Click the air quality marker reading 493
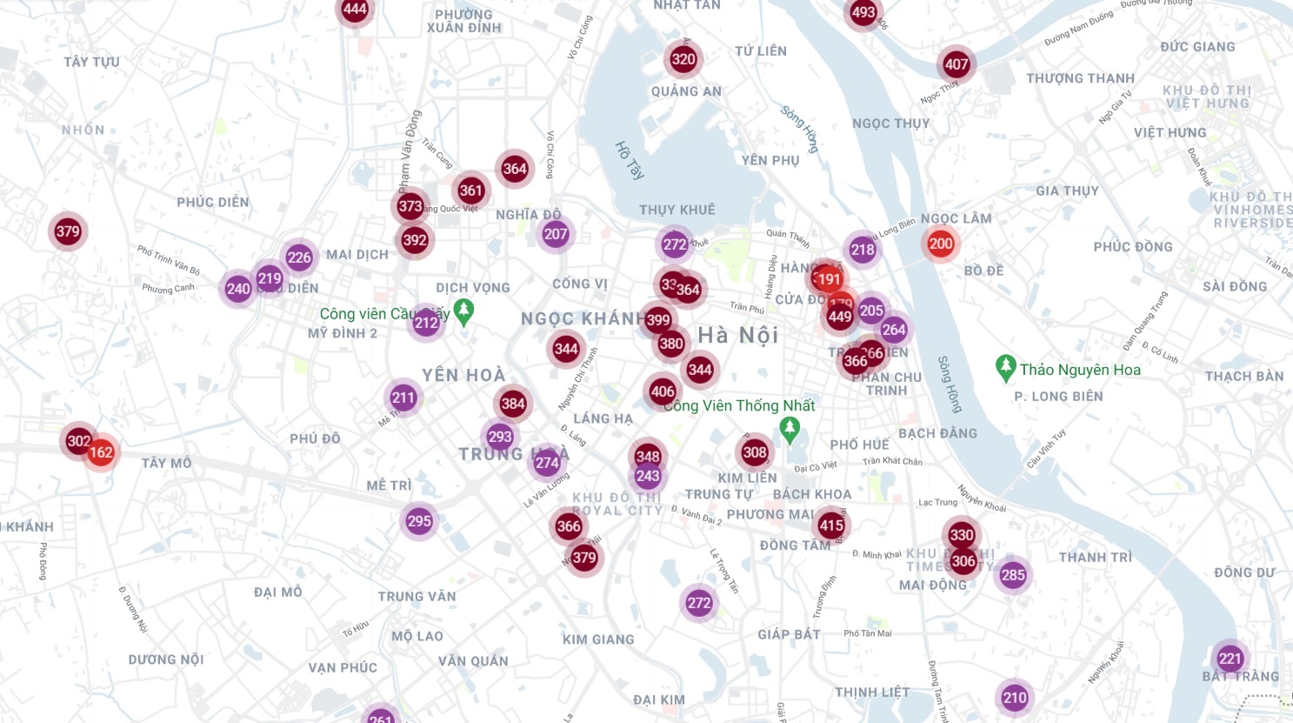pos(863,12)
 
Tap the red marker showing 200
pos(940,244)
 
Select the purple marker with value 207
pos(556,233)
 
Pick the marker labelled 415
pos(831,525)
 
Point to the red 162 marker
pos(101,452)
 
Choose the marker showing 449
pos(840,317)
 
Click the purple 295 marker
pos(419,521)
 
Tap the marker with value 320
pos(683,59)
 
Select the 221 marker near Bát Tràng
pos(1230,658)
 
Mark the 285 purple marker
pos(1013,574)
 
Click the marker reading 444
pos(355,10)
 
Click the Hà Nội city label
pos(737,335)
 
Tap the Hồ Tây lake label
pos(630,160)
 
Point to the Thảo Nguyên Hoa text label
pos(1080,370)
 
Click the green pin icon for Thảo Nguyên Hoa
pos(1006,368)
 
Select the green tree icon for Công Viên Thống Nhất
pos(790,429)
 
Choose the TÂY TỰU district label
pos(91,62)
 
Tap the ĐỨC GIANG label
pos(1197,47)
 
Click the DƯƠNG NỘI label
pos(166,659)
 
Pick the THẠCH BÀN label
pos(1244,377)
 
